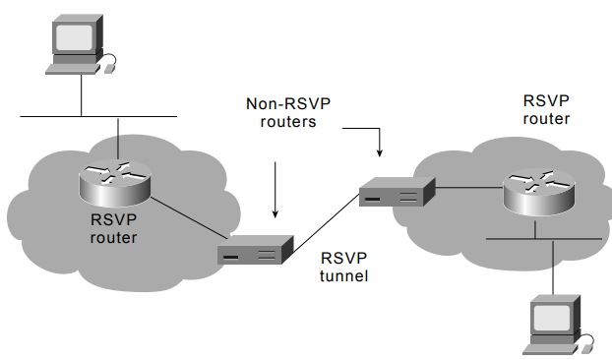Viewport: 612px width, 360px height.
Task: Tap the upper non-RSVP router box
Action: coord(397,192)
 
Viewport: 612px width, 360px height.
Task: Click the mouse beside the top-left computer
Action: coord(110,69)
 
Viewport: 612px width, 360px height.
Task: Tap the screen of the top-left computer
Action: coord(75,37)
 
